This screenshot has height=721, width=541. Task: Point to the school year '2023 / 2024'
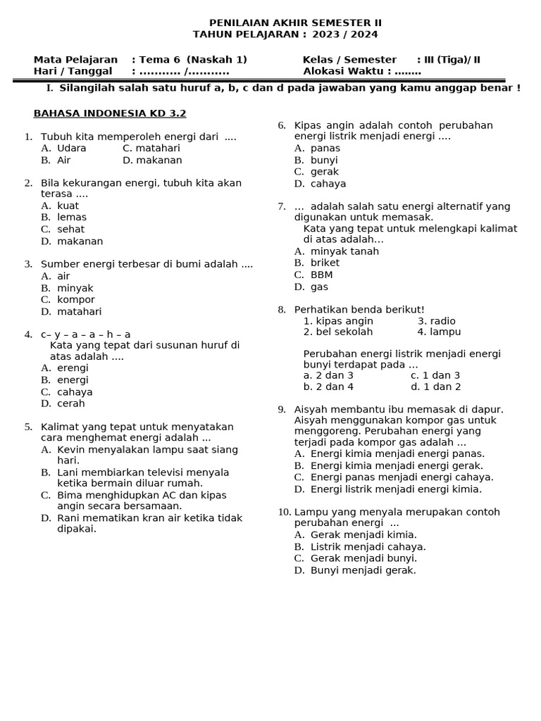coord(344,34)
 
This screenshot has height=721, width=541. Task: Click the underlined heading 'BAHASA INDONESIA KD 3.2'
coord(110,113)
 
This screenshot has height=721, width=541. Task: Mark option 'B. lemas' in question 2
coord(64,218)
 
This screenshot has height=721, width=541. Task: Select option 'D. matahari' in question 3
coord(71,311)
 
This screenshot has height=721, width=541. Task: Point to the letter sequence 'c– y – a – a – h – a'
coord(85,334)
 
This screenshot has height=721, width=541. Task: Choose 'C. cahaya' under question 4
coord(67,392)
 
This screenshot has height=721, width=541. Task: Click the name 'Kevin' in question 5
coord(71,449)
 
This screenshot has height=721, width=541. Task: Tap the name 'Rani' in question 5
coord(69,518)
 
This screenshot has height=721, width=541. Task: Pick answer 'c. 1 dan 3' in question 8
coord(435,375)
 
